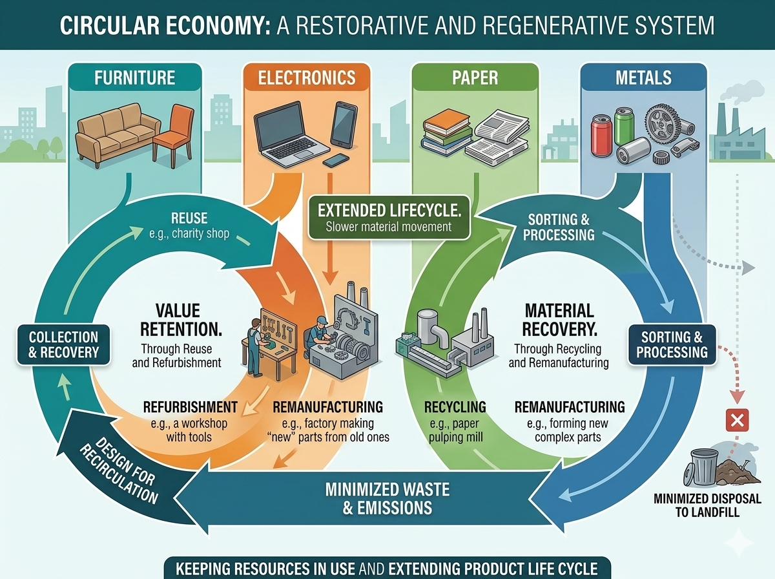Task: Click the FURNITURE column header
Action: [x=134, y=78]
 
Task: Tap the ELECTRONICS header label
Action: [x=307, y=78]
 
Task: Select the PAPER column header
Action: [x=475, y=78]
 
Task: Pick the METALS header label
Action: [x=643, y=78]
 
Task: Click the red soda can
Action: [x=602, y=135]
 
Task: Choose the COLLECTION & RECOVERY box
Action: [x=63, y=345]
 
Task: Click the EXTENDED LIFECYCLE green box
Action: [x=389, y=218]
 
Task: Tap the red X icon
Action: [x=738, y=421]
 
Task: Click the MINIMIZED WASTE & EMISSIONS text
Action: [x=387, y=499]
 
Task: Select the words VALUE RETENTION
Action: [x=181, y=320]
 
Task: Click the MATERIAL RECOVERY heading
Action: [x=560, y=320]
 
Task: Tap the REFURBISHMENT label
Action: [x=191, y=407]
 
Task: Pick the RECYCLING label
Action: [x=455, y=407]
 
